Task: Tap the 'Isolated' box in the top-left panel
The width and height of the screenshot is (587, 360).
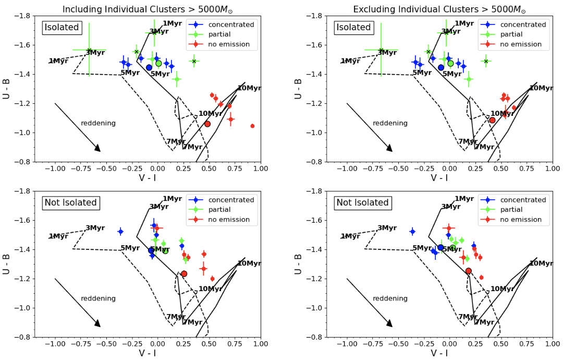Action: [x=62, y=27]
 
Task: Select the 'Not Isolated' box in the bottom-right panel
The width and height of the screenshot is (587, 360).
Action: [x=363, y=202]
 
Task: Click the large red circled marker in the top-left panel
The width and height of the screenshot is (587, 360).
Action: [x=207, y=124]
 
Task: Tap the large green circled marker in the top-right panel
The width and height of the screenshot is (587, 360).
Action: [x=450, y=64]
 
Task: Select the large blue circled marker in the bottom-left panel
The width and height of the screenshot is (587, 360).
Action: [x=151, y=250]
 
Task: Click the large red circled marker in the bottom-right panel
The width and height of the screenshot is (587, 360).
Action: [x=468, y=271]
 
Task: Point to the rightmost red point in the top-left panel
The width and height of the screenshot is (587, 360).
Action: [x=252, y=126]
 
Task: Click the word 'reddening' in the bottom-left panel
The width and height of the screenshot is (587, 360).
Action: [x=98, y=298]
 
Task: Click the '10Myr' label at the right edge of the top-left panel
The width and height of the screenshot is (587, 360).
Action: [x=249, y=88]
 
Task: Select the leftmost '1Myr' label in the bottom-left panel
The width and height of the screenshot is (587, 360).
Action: [x=58, y=236]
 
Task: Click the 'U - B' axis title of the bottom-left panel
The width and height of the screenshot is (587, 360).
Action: [x=7, y=263]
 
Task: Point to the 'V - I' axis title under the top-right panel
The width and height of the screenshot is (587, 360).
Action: [x=439, y=178]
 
